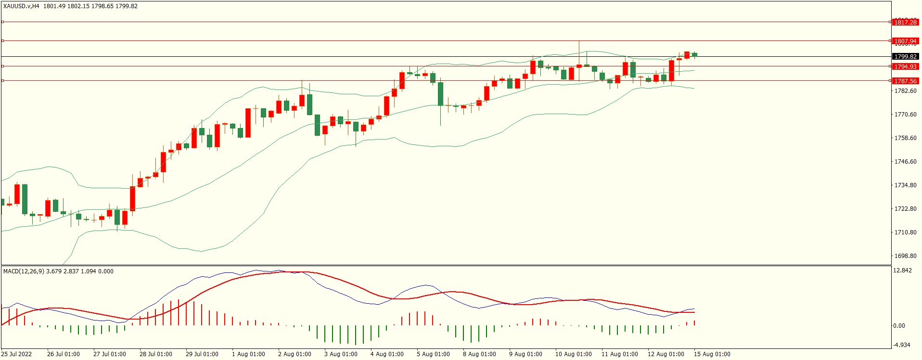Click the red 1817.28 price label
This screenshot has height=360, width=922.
tap(905, 22)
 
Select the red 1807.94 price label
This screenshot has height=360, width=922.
tap(905, 41)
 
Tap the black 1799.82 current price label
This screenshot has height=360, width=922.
tap(905, 57)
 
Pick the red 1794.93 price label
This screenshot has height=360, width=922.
tap(905, 67)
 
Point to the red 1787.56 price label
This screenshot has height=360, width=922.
tap(905, 81)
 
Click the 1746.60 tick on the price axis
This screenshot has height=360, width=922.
tap(905, 162)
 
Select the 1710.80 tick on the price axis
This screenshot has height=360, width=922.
tap(905, 232)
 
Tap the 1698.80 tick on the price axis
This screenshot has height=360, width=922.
tap(905, 256)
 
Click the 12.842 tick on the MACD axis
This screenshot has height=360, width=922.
tap(902, 270)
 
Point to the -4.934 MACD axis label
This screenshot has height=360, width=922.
tap(901, 345)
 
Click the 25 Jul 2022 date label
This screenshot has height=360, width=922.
tap(16, 354)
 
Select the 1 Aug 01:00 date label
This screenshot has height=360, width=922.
tap(248, 354)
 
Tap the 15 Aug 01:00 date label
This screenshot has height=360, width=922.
tap(712, 354)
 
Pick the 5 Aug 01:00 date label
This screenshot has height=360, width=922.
tap(433, 354)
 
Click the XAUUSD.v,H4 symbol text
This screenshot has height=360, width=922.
tap(21, 6)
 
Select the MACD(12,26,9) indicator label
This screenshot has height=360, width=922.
tap(24, 271)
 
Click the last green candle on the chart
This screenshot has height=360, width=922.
tap(694, 54)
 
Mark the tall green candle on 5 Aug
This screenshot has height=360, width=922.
tap(440, 93)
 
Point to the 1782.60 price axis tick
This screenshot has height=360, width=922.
tap(905, 91)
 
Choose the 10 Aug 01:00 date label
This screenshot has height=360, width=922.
tap(573, 354)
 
